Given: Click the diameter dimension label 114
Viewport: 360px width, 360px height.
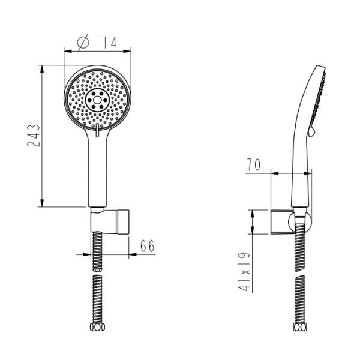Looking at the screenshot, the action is (x=105, y=43).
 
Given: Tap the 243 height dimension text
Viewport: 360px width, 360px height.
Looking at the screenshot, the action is (x=34, y=136).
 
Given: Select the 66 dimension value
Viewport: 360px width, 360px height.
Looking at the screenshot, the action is (x=147, y=246).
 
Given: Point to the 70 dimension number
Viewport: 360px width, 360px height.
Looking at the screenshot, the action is (x=254, y=164).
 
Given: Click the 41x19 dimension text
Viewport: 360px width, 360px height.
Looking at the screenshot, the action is (x=244, y=272).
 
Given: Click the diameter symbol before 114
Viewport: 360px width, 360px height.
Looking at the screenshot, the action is (x=83, y=42).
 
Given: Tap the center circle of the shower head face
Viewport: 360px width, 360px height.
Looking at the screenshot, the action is (x=97, y=100).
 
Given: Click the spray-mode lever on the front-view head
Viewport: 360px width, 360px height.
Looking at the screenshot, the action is (x=97, y=130).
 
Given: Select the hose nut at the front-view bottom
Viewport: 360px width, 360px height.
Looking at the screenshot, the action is (x=97, y=327).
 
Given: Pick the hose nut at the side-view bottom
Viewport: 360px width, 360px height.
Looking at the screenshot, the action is (x=300, y=327).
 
